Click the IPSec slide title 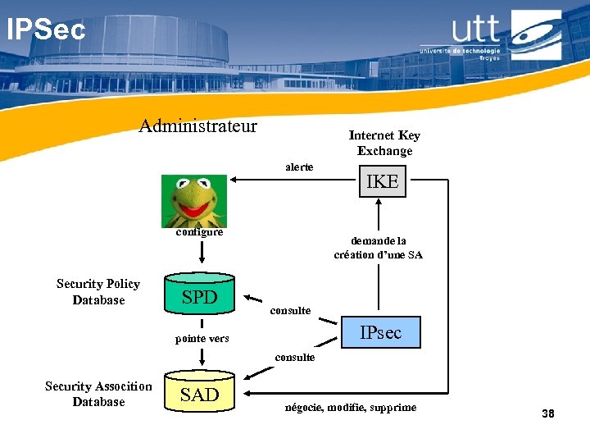tap(46, 30)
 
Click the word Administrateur tap(197, 126)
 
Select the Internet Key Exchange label tap(383, 143)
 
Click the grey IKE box tap(381, 182)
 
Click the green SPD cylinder tap(200, 298)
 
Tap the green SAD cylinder tap(200, 395)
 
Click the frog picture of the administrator tap(193, 201)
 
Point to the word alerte tap(299, 167)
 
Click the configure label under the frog tap(200, 232)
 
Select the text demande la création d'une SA tap(378, 248)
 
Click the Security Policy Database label tap(98, 291)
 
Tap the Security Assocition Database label tap(98, 394)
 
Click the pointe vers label tap(202, 339)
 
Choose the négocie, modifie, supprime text tap(350, 408)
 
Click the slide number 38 tap(547, 414)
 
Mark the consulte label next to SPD tap(290, 310)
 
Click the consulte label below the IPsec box tap(294, 358)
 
